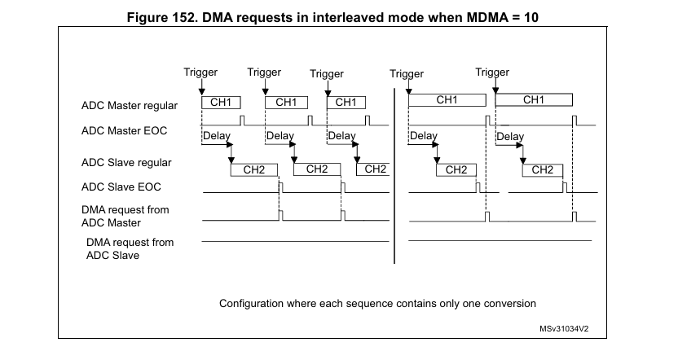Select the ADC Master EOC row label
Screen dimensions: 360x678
point(125,130)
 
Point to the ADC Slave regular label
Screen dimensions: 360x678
point(126,162)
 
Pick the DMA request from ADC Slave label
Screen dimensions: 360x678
point(130,248)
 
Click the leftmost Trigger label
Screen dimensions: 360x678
point(200,72)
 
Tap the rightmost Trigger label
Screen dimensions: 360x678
point(492,72)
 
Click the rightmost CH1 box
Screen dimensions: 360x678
point(533,100)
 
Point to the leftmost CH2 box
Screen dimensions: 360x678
point(254,169)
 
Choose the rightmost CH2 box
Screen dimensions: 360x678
point(542,170)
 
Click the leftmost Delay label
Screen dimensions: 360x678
point(216,135)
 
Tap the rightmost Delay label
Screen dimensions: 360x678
point(510,136)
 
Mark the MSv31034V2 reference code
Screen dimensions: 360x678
point(563,329)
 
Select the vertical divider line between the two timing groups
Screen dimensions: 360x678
point(395,175)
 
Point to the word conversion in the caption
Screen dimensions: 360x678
point(509,304)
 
